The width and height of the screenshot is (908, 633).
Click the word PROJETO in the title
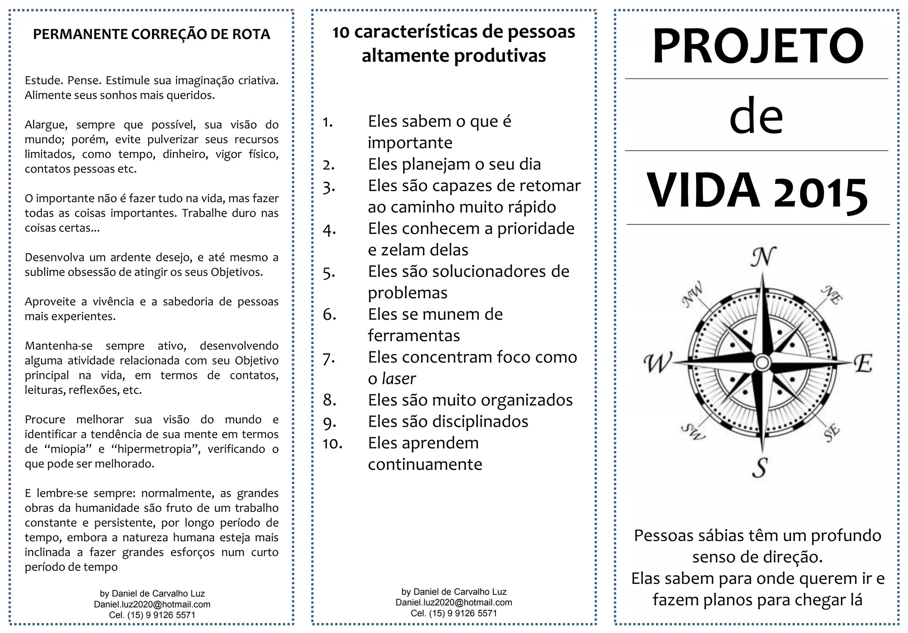(x=758, y=46)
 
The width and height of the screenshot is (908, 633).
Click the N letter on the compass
(x=763, y=257)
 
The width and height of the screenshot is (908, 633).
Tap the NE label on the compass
(x=832, y=295)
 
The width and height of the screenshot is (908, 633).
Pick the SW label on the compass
(x=693, y=431)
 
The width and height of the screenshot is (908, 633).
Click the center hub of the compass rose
(x=762, y=362)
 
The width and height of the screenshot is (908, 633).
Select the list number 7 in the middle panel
(x=329, y=358)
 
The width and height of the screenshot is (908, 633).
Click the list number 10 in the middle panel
(x=333, y=444)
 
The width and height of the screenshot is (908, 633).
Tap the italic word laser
(x=399, y=379)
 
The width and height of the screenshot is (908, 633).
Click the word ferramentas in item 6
(x=414, y=336)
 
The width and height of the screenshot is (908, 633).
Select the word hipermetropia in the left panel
(x=156, y=449)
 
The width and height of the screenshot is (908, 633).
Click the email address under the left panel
(x=152, y=604)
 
